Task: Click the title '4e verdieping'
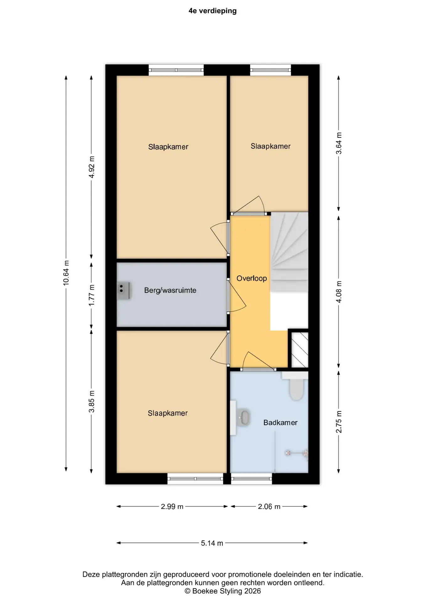coord(213,11)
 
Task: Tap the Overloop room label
coord(252,278)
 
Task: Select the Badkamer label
coord(280,423)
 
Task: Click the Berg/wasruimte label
coord(170,291)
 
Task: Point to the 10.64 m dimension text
coord(66,273)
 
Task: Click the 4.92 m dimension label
coord(92,167)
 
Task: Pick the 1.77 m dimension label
coord(92,296)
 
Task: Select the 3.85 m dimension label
coord(92,402)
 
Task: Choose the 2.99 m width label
coord(172,507)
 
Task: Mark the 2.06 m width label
coord(269,507)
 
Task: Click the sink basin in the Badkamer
coord(244,418)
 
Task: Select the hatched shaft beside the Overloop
coord(300,350)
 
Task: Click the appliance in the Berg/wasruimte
coord(124,291)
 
